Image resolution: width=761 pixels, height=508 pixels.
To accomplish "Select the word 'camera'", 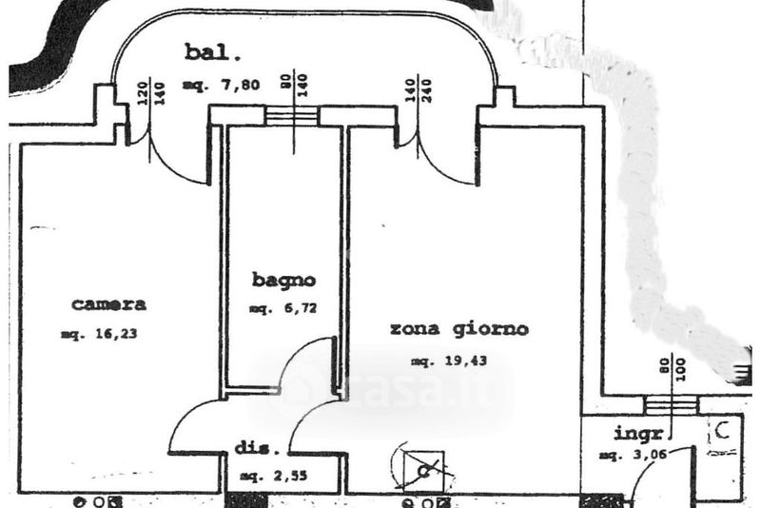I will tap(109, 304).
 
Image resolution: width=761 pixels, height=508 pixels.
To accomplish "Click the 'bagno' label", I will tap(283, 280).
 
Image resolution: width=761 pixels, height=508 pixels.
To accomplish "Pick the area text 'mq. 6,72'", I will tap(283, 308).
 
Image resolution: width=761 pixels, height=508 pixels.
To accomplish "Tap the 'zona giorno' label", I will tap(459, 329).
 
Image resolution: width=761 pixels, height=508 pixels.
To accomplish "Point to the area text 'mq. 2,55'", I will tap(273, 475).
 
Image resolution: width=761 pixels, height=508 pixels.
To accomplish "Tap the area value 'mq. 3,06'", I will tap(632, 457).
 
